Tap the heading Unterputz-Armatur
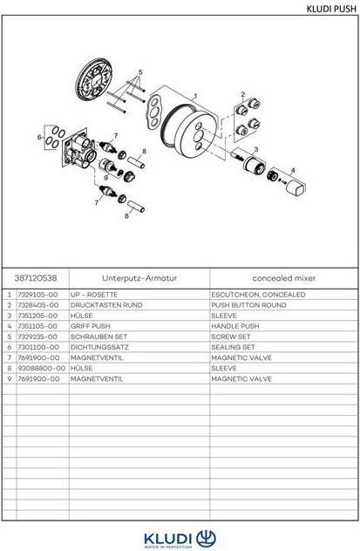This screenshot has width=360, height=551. point(139,278)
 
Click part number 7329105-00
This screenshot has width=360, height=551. point(39,295)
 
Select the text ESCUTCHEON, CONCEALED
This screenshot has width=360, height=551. point(258,295)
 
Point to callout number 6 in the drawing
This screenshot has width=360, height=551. point(40,138)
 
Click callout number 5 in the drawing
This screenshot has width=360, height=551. point(139,72)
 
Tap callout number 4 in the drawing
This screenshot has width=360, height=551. point(293,170)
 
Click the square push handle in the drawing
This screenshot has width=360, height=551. point(296,188)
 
